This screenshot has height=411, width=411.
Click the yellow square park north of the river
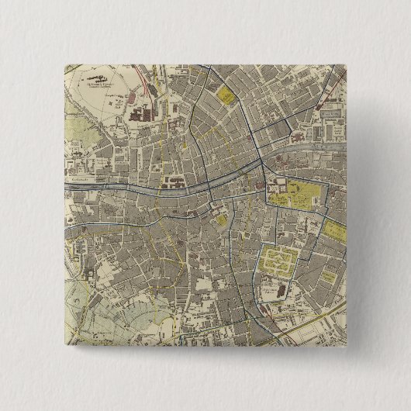coord(226,97)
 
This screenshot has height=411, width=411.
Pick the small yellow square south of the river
coord(223,219)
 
